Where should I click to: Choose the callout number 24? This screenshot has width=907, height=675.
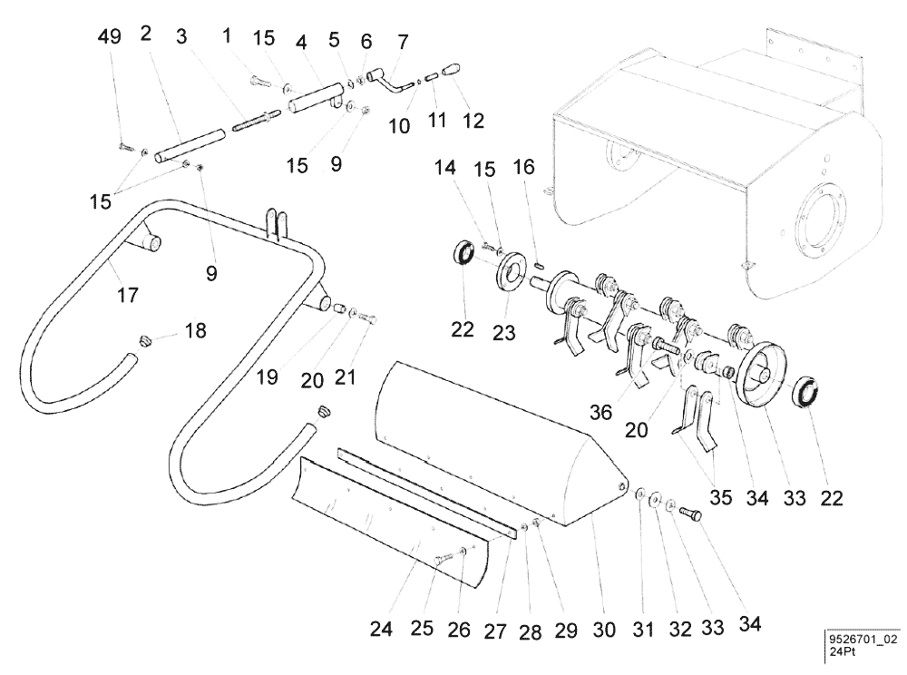[383, 629]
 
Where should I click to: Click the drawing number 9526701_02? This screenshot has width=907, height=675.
[863, 639]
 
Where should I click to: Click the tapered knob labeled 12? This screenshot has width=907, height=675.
[451, 70]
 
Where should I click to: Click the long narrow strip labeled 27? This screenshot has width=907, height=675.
[426, 487]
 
